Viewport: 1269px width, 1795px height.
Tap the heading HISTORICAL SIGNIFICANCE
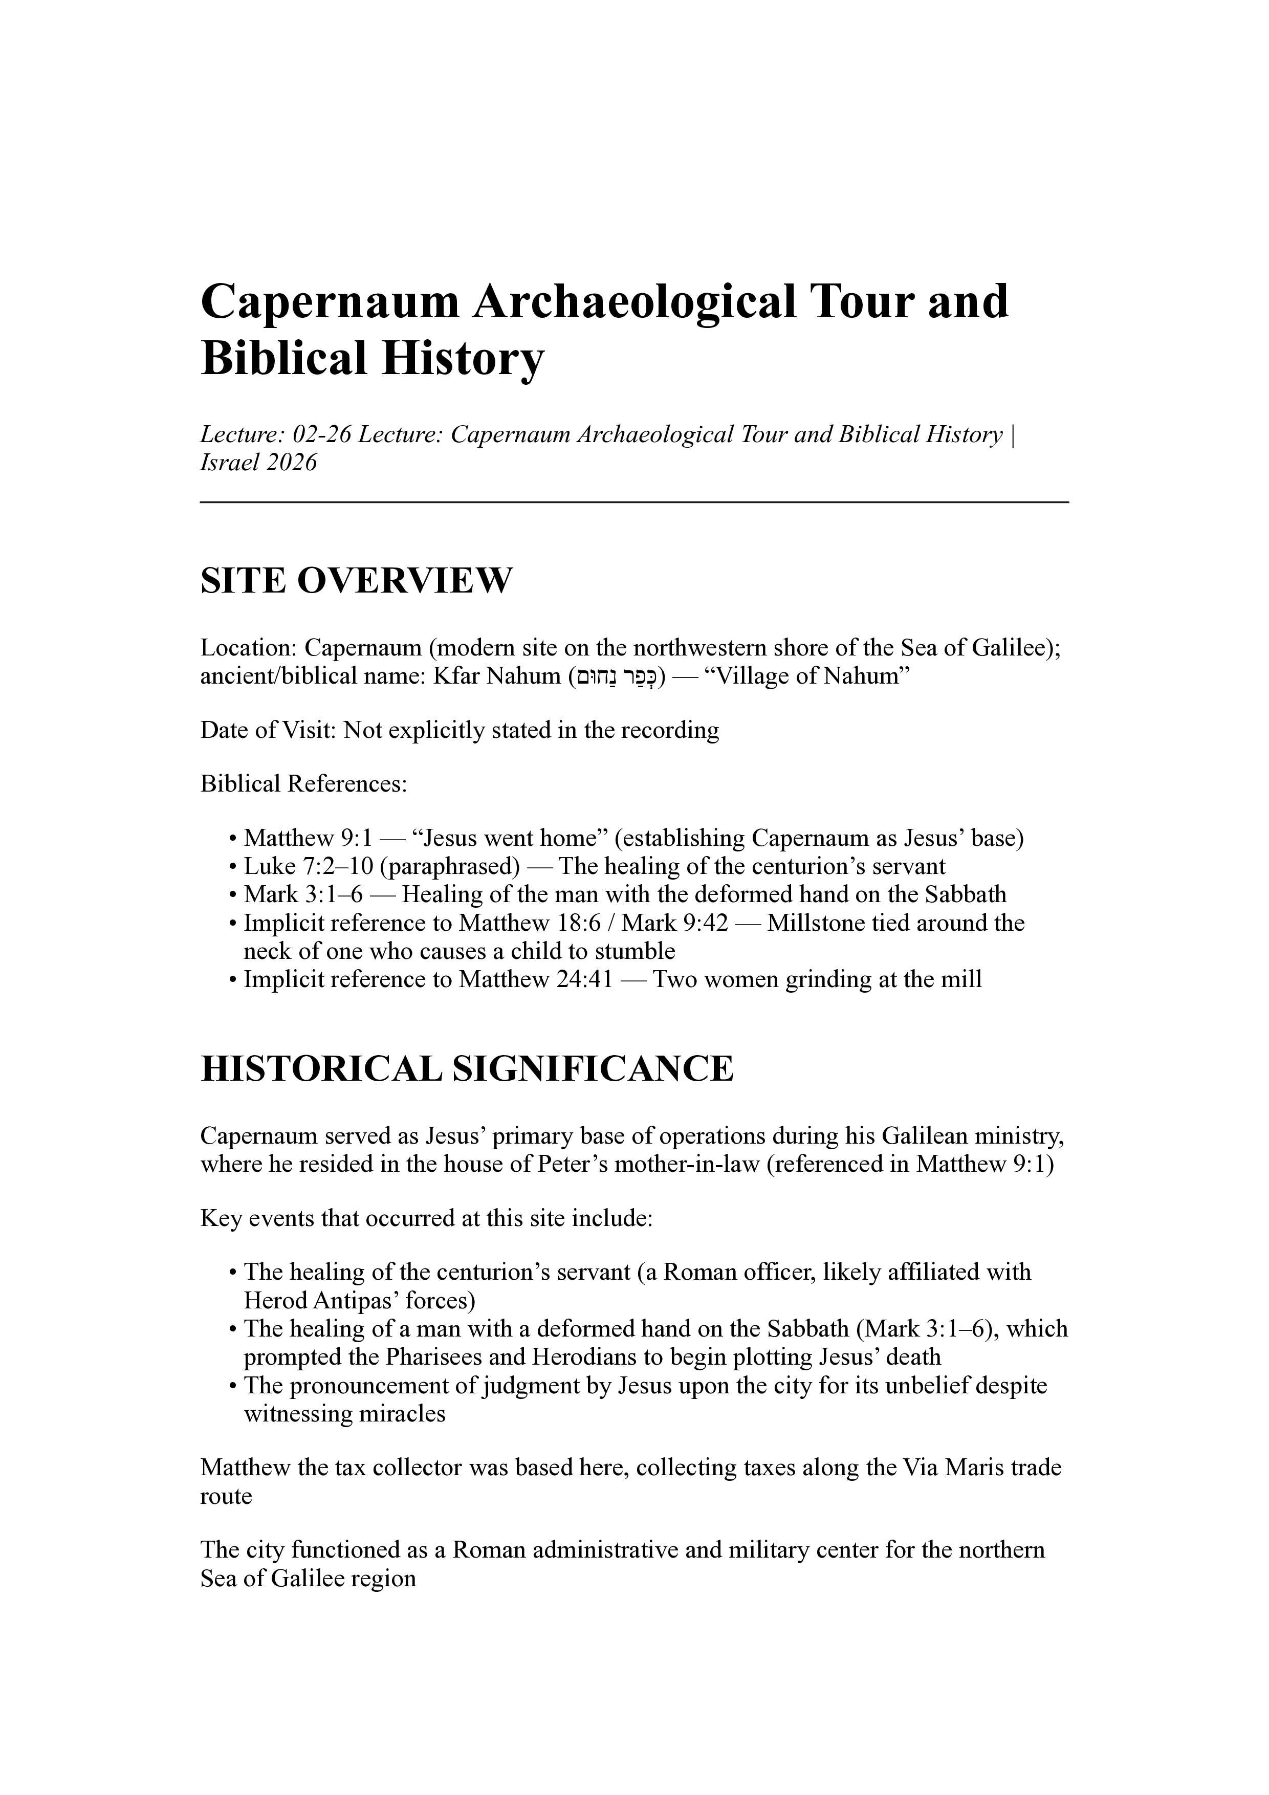[x=467, y=1069]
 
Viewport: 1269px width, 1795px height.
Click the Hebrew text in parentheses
[x=617, y=676]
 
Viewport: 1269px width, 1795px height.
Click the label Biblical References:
[x=303, y=783]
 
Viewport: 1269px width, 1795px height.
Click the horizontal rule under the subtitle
[x=634, y=502]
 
